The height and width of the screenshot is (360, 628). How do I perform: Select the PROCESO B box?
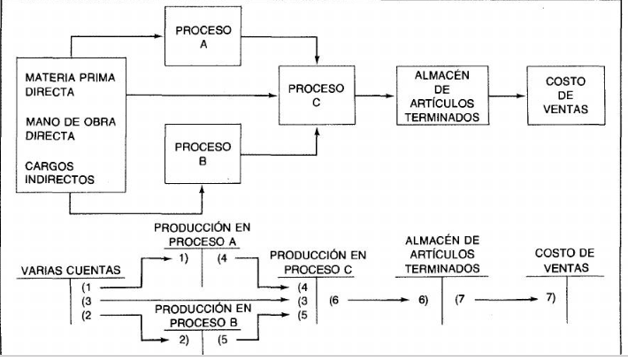203,153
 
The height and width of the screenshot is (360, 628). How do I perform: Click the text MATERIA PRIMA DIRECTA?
71,85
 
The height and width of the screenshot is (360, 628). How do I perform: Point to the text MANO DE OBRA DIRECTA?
61,130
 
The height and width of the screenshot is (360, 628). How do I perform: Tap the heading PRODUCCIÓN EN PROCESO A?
203,233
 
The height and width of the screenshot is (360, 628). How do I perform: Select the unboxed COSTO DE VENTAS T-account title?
564,259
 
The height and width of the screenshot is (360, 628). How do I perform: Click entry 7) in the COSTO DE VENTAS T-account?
551,299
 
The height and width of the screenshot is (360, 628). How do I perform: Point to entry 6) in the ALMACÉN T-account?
423,301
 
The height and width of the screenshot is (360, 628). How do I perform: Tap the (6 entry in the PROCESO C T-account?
334,301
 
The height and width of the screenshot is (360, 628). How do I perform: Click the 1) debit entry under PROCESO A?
184,258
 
